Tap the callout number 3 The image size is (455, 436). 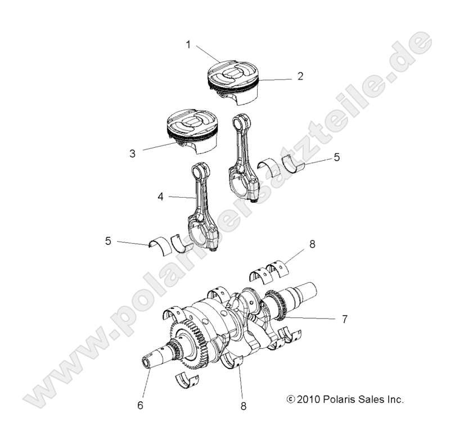(132, 153)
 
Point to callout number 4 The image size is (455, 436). (161, 197)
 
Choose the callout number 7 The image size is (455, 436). (344, 319)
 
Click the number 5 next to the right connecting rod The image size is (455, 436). (336, 158)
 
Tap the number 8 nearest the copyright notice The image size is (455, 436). (243, 404)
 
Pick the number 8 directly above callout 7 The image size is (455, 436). (313, 244)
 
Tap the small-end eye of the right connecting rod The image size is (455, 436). (241, 120)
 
